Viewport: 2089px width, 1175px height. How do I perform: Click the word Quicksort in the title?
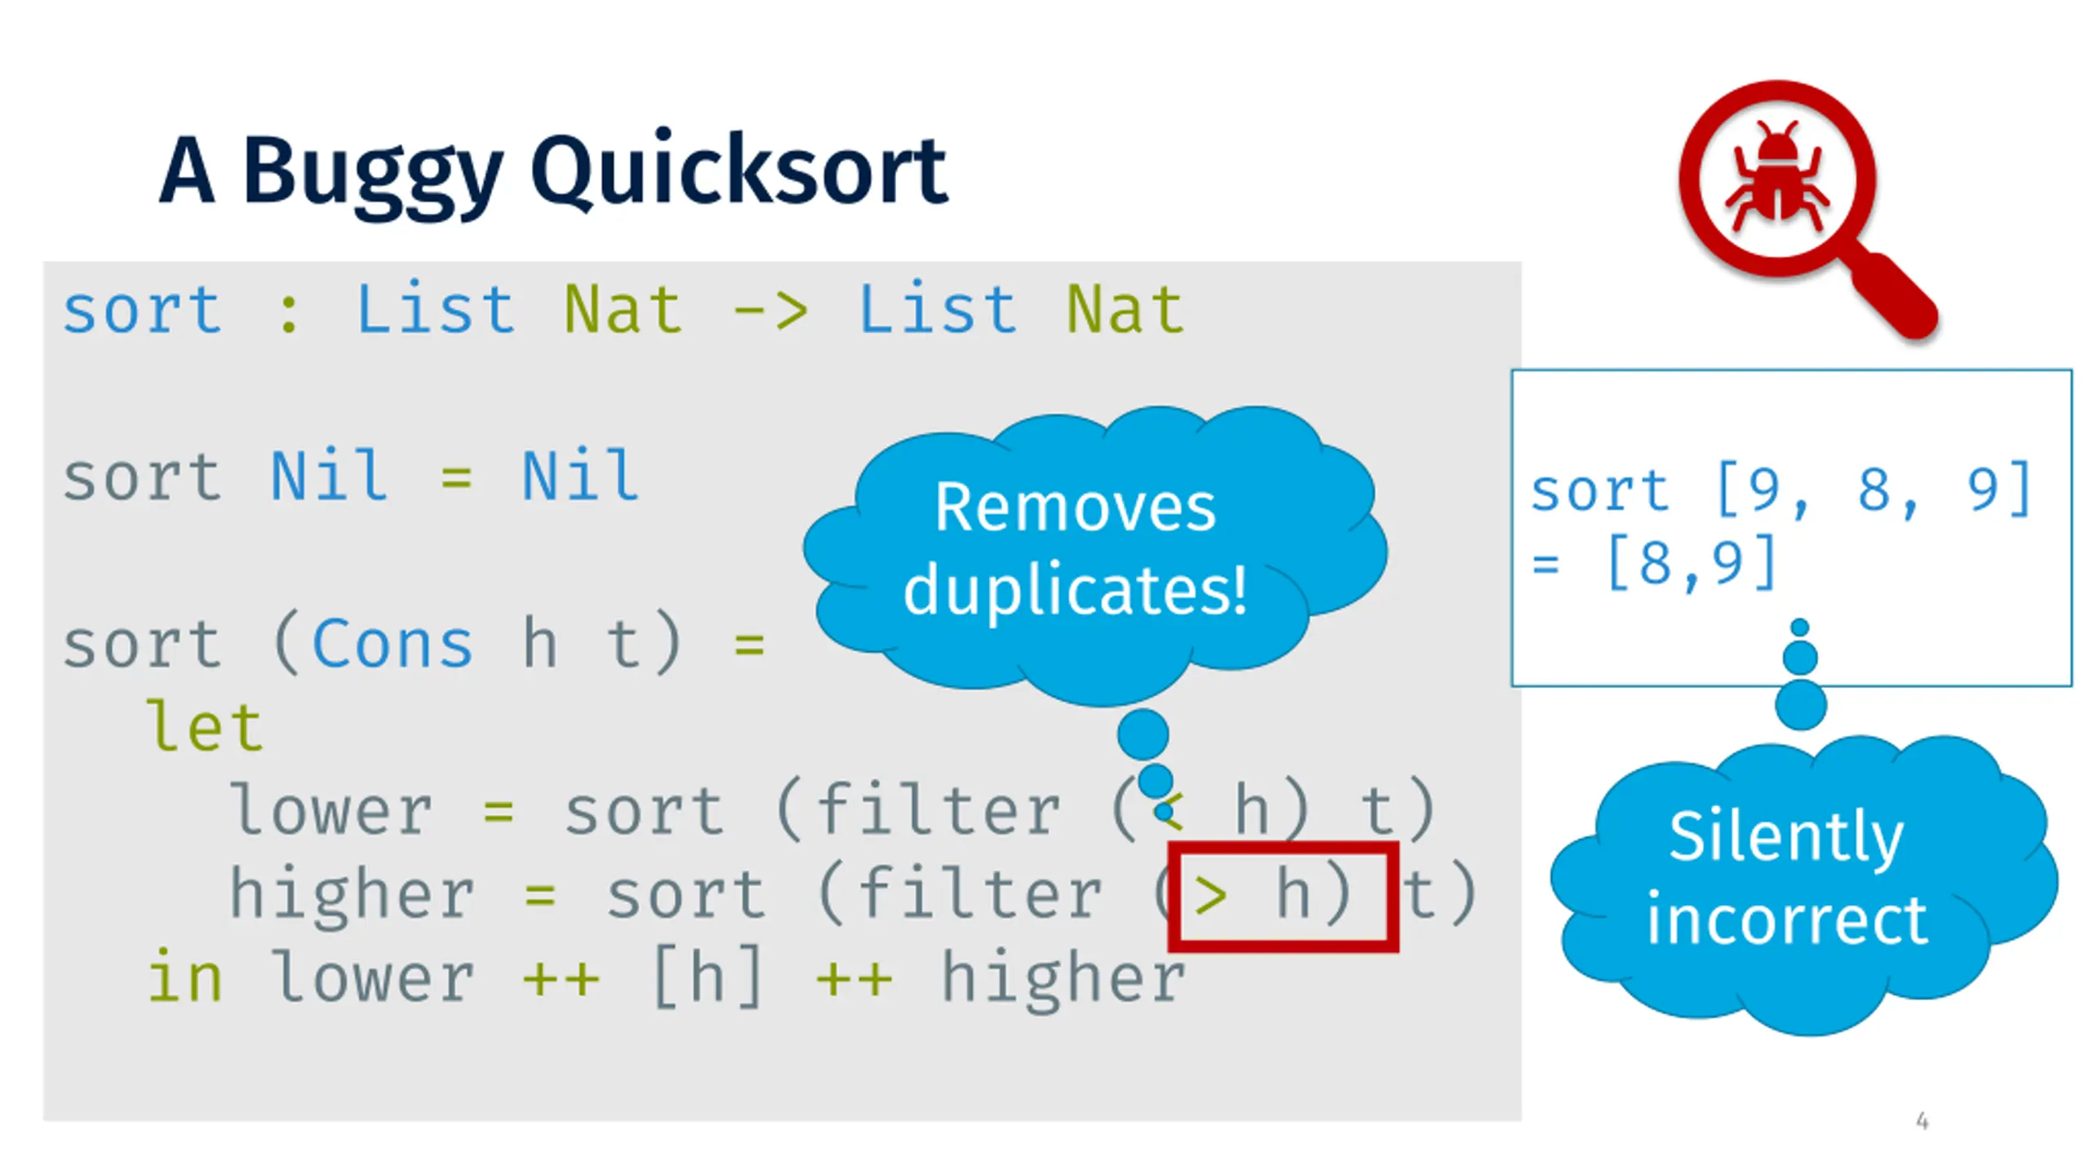[x=739, y=170]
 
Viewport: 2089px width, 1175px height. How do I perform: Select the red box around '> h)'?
[x=1284, y=897]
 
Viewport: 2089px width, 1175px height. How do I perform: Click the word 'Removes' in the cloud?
[x=1076, y=508]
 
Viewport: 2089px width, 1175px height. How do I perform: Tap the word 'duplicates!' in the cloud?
[x=1076, y=589]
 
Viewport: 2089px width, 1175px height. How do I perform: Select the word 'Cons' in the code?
[x=393, y=645]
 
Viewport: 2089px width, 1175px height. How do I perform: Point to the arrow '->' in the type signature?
[x=770, y=311]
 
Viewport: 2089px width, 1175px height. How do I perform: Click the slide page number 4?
[x=1923, y=1121]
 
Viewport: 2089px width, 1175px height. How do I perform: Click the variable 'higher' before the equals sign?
[x=352, y=896]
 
